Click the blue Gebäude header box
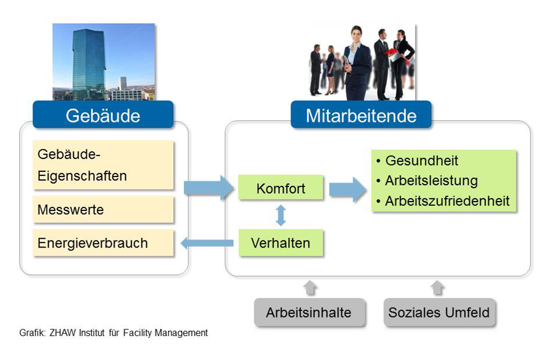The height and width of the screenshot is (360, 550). coord(103,115)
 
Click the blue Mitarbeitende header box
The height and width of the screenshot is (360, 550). coord(361,115)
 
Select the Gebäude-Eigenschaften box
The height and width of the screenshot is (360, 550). coord(103,165)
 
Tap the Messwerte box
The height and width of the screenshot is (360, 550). coord(103,210)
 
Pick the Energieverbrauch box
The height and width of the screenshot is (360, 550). coord(103,243)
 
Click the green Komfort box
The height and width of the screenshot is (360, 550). coord(281,188)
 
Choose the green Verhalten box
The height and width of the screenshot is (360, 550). coord(281,243)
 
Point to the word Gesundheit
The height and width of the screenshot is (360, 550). coord(421,161)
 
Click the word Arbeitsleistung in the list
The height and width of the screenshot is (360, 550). coord(431,181)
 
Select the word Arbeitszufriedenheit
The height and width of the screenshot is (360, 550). coord(447,201)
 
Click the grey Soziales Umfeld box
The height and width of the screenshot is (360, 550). coord(439,312)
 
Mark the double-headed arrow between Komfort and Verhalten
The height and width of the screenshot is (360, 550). coord(281,215)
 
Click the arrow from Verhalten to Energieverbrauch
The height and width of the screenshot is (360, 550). coord(207,243)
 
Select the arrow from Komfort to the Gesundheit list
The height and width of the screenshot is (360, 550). coord(347,190)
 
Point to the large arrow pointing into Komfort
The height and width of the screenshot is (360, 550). coord(209,188)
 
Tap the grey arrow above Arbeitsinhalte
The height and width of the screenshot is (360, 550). coord(310,288)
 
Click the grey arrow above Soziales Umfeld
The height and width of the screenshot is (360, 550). coord(438,288)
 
